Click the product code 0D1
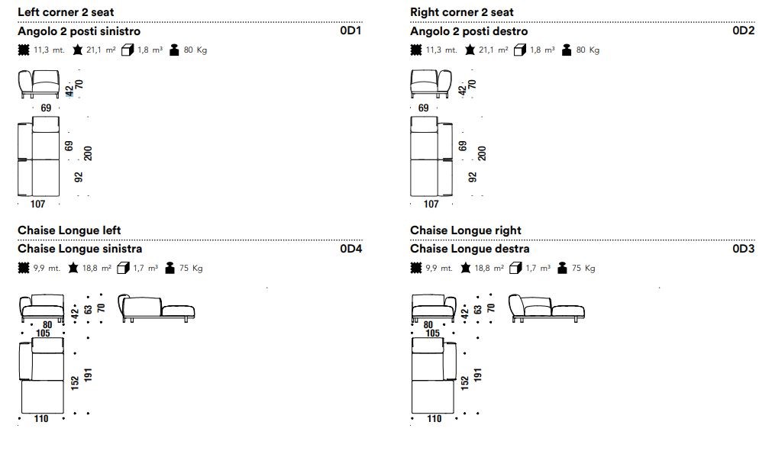(x=350, y=31)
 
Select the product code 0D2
(x=743, y=31)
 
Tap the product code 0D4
(x=350, y=249)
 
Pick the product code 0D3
(x=743, y=249)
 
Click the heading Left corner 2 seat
(x=66, y=12)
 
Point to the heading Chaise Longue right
(x=466, y=230)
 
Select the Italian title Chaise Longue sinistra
(x=79, y=249)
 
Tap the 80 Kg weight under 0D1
(x=195, y=50)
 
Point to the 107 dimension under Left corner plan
(x=38, y=204)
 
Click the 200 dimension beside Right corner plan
(x=482, y=153)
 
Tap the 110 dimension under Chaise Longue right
(x=434, y=419)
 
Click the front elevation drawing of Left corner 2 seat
(x=39, y=84)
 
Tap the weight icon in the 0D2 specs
(x=567, y=50)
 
